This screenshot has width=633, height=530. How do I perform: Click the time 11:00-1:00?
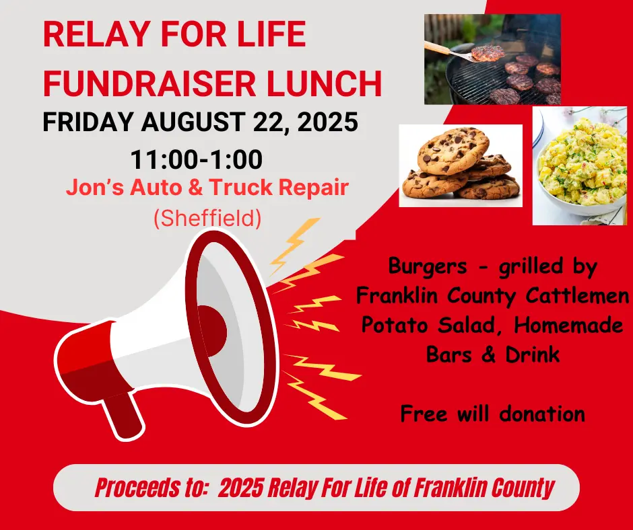pos(196,160)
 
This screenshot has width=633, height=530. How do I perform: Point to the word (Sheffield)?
pos(207,219)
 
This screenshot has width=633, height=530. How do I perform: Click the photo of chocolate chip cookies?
pos(460,165)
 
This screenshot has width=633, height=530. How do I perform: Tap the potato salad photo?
pos(580,165)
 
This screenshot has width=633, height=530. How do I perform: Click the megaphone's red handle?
pos(125,413)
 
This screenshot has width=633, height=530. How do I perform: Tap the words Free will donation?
pos(492,413)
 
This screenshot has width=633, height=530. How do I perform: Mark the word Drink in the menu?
pos(532,354)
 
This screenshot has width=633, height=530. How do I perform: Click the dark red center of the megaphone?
pos(211,329)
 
